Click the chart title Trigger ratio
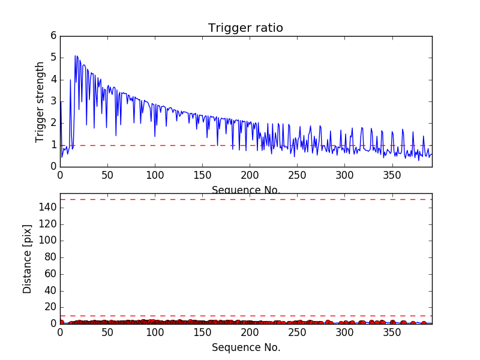coord(245,28)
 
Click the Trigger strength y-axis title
coord(40,101)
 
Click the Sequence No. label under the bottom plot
coord(246,347)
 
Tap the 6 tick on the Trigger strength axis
coord(53,36)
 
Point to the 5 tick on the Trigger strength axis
coord(53,58)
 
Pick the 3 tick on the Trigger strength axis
coord(53,101)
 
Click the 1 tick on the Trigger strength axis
coord(53,145)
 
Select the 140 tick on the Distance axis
coord(49,208)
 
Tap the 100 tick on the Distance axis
coord(49,241)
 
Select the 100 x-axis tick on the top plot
coord(155,175)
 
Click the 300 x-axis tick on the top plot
coord(345,175)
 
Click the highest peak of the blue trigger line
coord(76,56)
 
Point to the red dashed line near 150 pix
coord(246,199)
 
